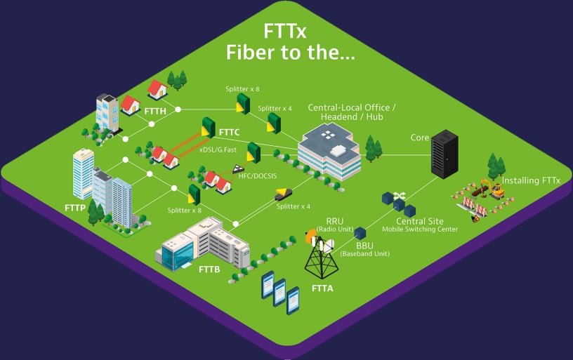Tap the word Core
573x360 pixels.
click(420, 138)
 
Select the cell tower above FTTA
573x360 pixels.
click(325, 256)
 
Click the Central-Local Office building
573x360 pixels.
click(329, 150)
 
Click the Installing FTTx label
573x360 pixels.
click(532, 180)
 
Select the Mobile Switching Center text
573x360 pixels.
click(420, 229)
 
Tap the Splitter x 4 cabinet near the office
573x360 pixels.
click(274, 124)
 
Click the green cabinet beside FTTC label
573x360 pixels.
click(208, 127)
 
